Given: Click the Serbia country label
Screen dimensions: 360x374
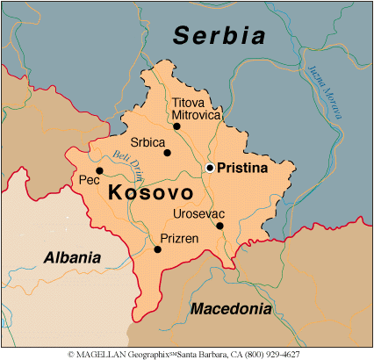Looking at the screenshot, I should tap(219, 36).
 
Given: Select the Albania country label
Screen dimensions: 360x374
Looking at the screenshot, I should tap(73, 257).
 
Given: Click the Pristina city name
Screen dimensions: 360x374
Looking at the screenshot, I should tap(241, 168).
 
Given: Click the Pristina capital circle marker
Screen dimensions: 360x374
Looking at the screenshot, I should tap(210, 167).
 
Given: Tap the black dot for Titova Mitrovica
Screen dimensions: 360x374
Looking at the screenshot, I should tap(176, 126).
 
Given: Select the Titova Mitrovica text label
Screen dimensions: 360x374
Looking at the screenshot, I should tap(192, 108).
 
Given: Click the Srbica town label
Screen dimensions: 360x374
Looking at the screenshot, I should tap(147, 140).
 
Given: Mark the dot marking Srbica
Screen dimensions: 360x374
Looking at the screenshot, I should tap(167, 153).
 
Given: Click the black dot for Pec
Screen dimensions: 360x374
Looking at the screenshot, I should tap(99, 170).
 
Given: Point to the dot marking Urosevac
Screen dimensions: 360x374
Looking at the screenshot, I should tap(219, 226).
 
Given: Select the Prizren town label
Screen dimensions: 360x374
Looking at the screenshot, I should tap(178, 238).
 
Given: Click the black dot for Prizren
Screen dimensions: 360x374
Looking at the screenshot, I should tap(157, 249).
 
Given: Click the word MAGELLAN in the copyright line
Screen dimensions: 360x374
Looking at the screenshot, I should tap(104, 354).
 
